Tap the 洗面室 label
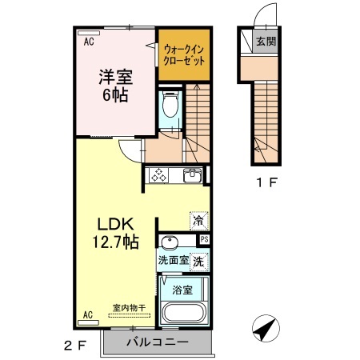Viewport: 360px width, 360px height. pos(172,259)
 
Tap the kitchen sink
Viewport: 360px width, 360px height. pos(191,176)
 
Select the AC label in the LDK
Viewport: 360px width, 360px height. pos(88,314)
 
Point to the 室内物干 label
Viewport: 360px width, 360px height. pos(126,307)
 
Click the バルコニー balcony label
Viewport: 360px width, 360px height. pos(158,342)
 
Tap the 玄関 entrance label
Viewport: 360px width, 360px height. pos(266,40)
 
